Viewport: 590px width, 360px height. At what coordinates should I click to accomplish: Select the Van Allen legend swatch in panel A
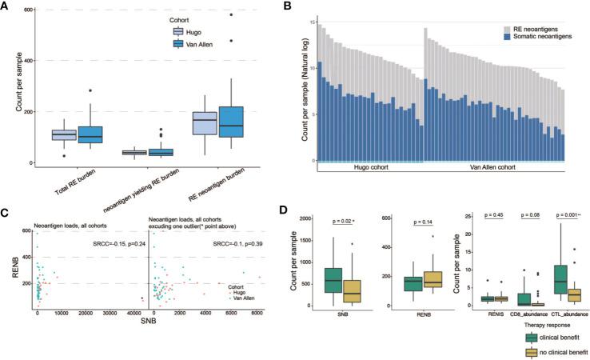181,45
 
